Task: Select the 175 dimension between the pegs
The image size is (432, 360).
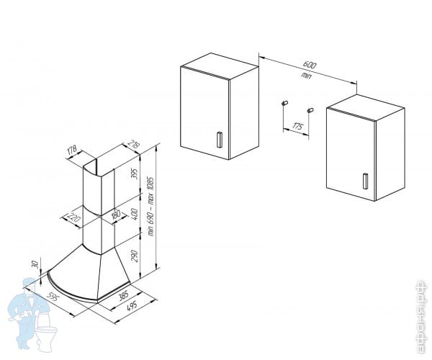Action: click(297, 128)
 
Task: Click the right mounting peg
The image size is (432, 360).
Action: click(310, 109)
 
